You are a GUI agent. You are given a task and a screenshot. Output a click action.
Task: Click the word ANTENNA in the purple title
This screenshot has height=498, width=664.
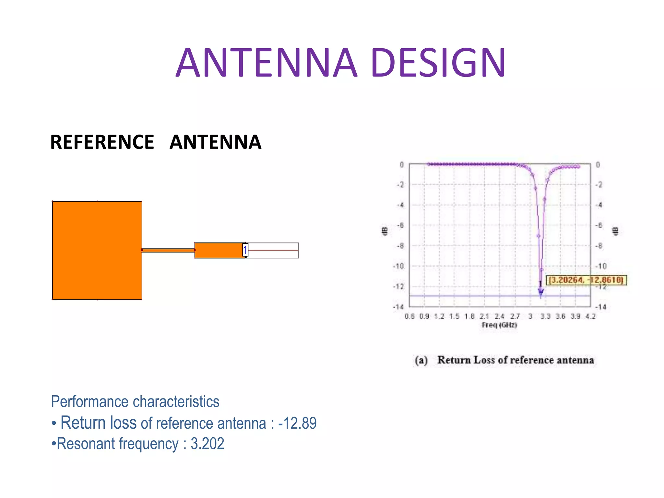267,63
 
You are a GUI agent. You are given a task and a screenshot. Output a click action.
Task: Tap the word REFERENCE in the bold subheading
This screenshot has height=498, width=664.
102,142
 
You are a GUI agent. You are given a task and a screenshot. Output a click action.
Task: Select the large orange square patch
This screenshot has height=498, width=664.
97,250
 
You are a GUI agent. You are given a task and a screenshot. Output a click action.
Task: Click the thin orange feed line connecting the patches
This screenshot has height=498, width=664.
168,250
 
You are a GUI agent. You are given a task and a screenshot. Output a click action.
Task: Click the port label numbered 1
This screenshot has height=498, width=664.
245,250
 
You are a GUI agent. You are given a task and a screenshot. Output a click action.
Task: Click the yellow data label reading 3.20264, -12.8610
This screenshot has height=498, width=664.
586,280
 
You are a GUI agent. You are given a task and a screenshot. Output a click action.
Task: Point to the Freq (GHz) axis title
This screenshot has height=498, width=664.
499,325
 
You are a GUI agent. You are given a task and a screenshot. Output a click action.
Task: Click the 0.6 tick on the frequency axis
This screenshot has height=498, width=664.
409,316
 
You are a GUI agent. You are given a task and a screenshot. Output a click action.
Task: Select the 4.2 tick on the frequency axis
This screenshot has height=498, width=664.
590,316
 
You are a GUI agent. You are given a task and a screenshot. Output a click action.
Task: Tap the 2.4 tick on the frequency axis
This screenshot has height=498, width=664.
500,316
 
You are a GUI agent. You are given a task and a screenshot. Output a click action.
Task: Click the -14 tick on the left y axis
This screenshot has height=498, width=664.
398,307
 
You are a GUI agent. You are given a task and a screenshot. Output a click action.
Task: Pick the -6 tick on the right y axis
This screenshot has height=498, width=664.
599,225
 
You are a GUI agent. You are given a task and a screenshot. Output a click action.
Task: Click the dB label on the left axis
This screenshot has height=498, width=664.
384,231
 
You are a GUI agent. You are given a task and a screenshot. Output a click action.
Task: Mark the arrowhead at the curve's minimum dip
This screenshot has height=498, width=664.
541,295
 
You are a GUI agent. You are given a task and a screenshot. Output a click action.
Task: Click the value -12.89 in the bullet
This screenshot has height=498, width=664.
297,423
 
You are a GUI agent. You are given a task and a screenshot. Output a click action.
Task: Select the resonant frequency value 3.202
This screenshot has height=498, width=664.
207,444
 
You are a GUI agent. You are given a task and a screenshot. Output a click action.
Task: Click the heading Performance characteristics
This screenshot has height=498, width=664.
135,402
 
